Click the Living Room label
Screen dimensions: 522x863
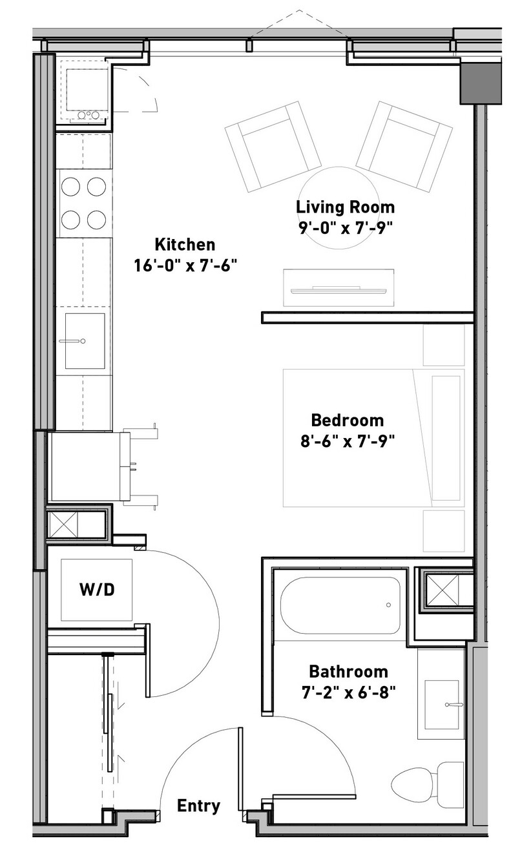pos(345,207)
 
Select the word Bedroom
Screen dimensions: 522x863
pos(347,421)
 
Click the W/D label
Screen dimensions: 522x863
pos(97,590)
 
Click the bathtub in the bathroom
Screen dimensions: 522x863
pos(340,605)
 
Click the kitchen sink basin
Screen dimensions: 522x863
pos(85,341)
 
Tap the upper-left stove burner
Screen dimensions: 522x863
pos(71,187)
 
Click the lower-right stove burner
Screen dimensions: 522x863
pos(96,220)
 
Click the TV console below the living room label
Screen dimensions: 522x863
pos(339,288)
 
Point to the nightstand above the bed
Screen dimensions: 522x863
pos(444,345)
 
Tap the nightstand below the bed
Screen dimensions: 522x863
pos(444,531)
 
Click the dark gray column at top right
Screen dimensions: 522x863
pos(481,84)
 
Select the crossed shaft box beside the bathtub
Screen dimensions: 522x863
pos(443,590)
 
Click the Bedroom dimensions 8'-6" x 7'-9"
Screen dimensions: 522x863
pos(348,441)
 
